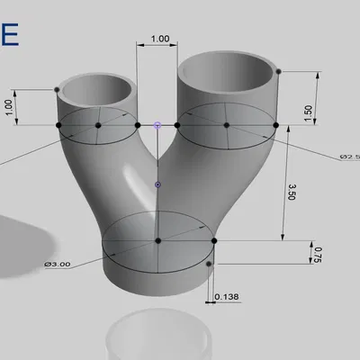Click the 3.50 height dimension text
(x=292, y=193)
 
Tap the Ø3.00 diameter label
(x=58, y=264)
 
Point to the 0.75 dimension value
(x=315, y=255)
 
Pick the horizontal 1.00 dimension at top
(x=160, y=39)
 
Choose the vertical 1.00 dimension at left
(x=9, y=105)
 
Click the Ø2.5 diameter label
(x=349, y=157)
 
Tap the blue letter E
(x=9, y=32)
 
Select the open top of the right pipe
(x=229, y=69)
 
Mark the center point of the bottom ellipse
(x=158, y=240)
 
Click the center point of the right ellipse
(x=227, y=125)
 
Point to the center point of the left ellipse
(x=98, y=125)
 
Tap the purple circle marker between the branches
(x=157, y=125)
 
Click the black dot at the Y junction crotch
(x=157, y=184)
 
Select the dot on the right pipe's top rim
(x=279, y=71)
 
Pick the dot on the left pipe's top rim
(x=58, y=89)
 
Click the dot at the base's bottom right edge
(x=209, y=264)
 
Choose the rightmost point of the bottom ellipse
(x=215, y=240)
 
